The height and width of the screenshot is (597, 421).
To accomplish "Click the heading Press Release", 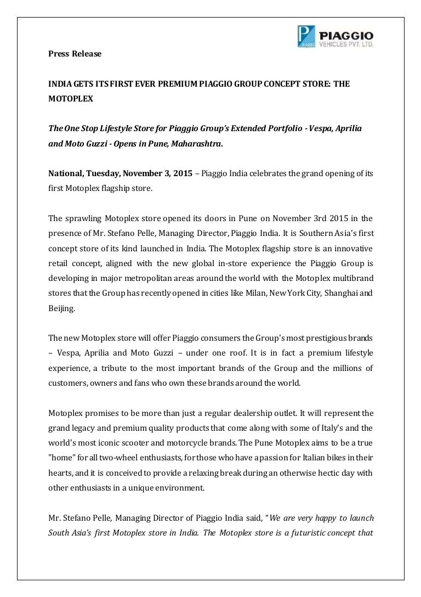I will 74,54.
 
